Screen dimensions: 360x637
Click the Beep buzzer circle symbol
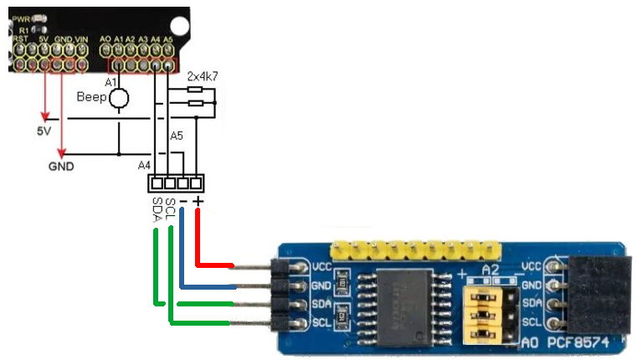(x=119, y=98)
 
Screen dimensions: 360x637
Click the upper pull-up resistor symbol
(x=195, y=89)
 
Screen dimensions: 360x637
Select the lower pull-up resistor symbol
(x=195, y=103)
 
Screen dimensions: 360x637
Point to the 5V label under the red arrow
(x=44, y=131)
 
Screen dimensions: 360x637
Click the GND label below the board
(x=61, y=167)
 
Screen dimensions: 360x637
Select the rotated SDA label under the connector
(x=157, y=211)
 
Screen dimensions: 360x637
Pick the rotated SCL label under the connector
(x=170, y=209)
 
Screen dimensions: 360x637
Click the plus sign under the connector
(x=198, y=202)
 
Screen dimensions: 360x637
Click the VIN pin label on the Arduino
(x=81, y=39)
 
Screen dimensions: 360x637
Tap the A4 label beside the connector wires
(x=144, y=165)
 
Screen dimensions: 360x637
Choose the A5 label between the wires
(x=176, y=136)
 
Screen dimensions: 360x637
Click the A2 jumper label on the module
(x=491, y=270)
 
